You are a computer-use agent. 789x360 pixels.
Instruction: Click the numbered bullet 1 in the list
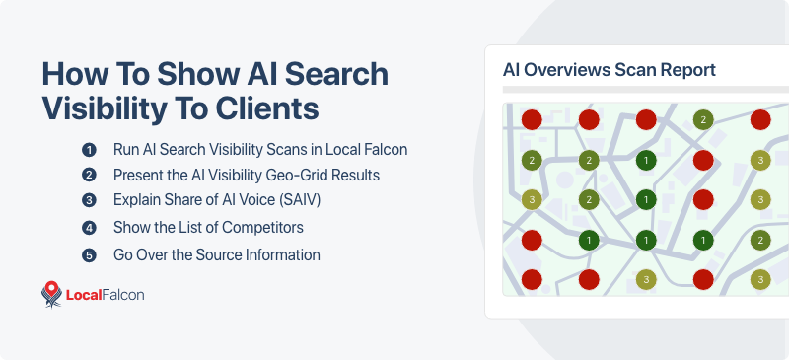point(89,150)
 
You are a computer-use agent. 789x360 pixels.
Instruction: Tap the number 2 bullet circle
point(89,176)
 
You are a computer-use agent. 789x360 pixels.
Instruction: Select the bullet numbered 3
point(89,201)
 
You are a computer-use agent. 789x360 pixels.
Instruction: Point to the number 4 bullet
point(89,228)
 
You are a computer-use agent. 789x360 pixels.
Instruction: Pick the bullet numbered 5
point(89,254)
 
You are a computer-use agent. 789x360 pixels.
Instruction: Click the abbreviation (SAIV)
point(299,201)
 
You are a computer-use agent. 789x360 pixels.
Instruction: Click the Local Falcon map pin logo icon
point(51,294)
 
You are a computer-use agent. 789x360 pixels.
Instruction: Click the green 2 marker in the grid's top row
point(703,120)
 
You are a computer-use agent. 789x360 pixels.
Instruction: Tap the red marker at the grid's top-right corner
point(759,120)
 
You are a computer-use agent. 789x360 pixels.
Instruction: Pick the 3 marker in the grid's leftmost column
point(532,200)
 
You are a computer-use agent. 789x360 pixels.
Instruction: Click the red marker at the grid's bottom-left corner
point(532,280)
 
